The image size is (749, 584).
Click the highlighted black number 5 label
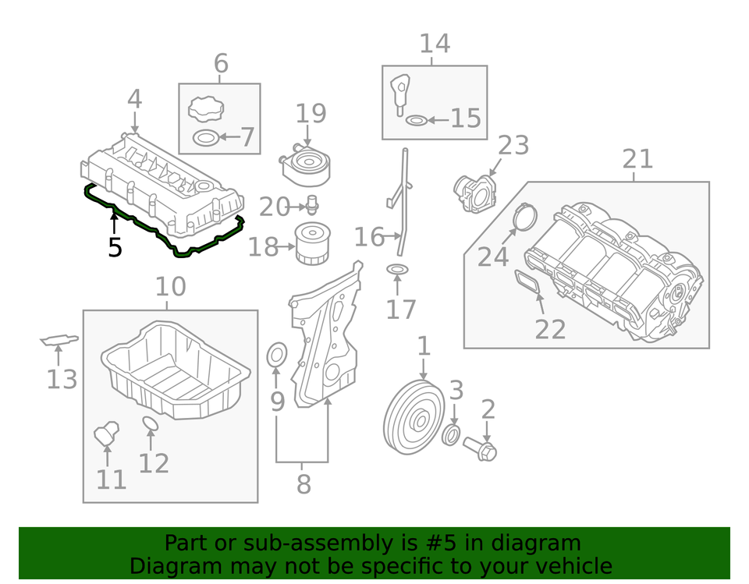[x=115, y=248]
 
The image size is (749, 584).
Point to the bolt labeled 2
[x=480, y=448]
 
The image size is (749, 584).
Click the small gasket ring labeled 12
[x=151, y=423]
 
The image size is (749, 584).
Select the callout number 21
[x=637, y=159]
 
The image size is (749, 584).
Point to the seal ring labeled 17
[x=397, y=270]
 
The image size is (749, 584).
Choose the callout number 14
[x=435, y=43]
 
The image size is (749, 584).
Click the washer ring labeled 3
[x=451, y=435]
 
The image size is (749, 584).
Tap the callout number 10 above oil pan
[x=170, y=287]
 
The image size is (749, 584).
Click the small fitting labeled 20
[x=311, y=207]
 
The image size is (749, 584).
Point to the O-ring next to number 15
[x=417, y=120]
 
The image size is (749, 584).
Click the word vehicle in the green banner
[x=569, y=566]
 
